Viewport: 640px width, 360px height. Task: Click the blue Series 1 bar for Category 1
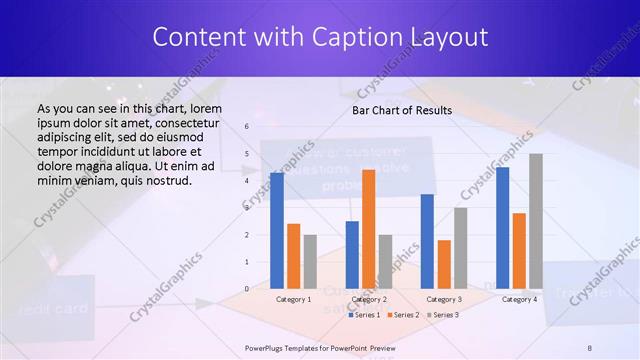(x=277, y=230)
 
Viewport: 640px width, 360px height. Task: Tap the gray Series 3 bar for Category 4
(x=536, y=220)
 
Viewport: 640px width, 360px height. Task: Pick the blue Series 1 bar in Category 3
(x=427, y=240)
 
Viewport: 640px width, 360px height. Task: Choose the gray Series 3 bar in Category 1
(x=310, y=261)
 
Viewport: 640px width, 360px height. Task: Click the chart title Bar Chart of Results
(x=402, y=110)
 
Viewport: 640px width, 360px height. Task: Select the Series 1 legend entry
(x=365, y=315)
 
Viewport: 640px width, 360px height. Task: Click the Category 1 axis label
(x=293, y=299)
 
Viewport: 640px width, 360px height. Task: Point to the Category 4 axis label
(x=519, y=299)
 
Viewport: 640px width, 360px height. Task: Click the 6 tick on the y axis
(x=246, y=127)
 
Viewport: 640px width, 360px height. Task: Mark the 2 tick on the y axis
(x=246, y=234)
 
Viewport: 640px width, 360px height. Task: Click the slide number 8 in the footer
(x=589, y=347)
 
